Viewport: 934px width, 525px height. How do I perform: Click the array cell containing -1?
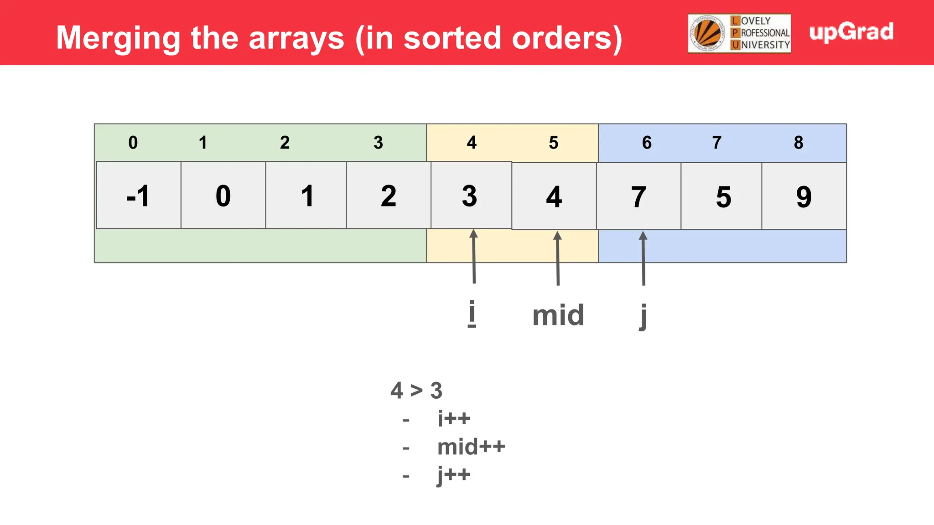point(139,196)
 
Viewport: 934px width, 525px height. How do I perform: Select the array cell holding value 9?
point(804,196)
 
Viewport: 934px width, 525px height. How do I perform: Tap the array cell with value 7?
point(638,196)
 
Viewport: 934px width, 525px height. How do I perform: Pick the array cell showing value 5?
point(723,196)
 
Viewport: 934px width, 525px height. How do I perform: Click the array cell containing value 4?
point(554,196)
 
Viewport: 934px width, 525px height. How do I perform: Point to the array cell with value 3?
point(470,196)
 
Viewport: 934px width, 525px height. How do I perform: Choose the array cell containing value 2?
point(389,196)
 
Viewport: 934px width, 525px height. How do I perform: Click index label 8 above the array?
point(799,143)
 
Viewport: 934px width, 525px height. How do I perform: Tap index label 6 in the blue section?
point(647,143)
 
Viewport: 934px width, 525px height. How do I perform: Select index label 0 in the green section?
point(133,143)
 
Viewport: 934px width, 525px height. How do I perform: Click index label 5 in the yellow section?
point(554,143)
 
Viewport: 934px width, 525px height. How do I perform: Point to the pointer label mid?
point(558,315)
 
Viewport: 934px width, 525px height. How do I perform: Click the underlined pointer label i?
point(472,314)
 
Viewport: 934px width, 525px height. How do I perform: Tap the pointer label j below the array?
point(643,316)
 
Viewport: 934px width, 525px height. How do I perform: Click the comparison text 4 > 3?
point(416,391)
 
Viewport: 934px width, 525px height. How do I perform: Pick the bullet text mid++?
point(471,447)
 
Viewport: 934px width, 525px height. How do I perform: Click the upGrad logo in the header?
point(851,32)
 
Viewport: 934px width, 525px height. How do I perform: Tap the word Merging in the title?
point(118,38)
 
